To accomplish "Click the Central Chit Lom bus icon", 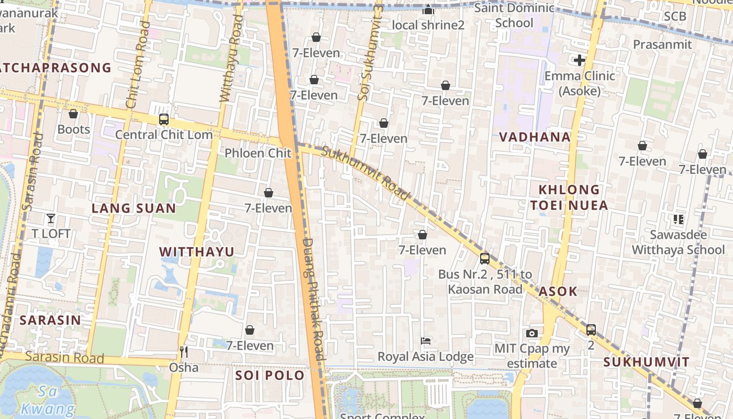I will coord(164,119).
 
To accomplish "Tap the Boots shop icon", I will coord(73,114).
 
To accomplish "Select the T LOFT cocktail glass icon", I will coord(51,218).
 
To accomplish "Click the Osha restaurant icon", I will coord(183,351).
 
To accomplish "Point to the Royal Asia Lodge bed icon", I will coord(426,341).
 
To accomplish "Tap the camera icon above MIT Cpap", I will coord(532,333).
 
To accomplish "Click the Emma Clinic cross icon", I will coord(579,60).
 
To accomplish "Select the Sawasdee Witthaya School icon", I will coord(679,219).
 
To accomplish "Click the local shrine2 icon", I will coord(428,10).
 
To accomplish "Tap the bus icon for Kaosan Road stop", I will coord(485,258).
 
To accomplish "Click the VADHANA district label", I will coord(535,137).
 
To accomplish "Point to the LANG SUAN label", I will coord(134,208).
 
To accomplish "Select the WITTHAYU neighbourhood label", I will coord(197,252).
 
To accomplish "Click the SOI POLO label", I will coord(270,376).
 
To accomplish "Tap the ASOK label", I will coord(558,292).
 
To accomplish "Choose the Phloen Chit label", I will coord(258,153).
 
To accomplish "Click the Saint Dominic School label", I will coord(514,15).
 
